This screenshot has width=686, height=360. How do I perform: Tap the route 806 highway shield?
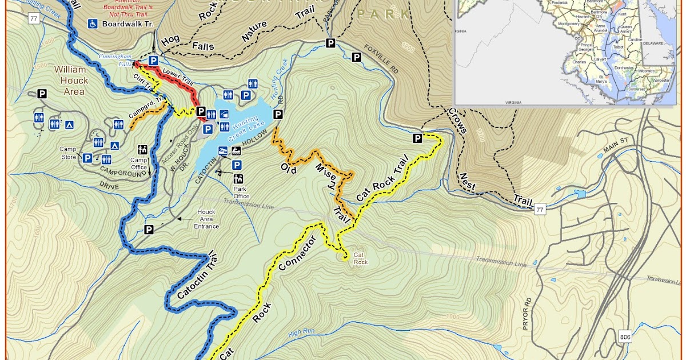point(625,338)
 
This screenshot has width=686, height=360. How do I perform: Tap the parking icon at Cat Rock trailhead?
point(417,138)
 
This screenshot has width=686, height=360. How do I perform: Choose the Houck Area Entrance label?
point(206,219)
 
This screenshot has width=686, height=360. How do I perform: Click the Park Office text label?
point(241,192)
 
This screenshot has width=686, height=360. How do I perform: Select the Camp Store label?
point(68,153)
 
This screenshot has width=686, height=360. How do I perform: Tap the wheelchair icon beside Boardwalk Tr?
point(92,24)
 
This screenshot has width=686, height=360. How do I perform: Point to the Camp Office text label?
point(139,163)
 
